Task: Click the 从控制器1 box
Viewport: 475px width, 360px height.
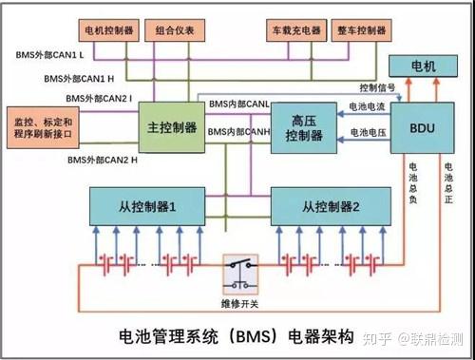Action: (142, 204)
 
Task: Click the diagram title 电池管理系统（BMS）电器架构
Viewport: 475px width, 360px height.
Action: (236, 334)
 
